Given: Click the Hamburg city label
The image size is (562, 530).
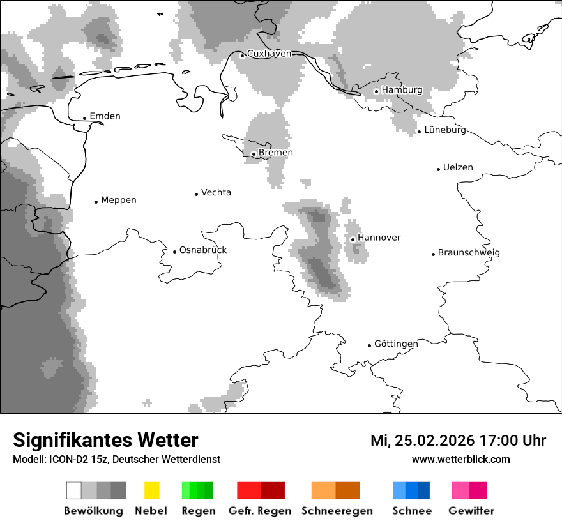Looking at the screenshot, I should pyautogui.click(x=402, y=90).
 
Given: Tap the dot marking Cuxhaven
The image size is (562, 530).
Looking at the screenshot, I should pyautogui.click(x=242, y=56).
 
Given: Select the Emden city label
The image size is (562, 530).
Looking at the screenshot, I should pyautogui.click(x=105, y=116).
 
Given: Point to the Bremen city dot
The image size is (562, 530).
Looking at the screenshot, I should pyautogui.click(x=254, y=154).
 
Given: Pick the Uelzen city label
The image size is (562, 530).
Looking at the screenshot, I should pyautogui.click(x=458, y=168).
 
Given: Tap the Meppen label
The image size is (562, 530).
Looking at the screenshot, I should pyautogui.click(x=119, y=200).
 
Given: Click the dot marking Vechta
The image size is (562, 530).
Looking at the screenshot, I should pyautogui.click(x=196, y=194).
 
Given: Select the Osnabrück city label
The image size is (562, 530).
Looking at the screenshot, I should pyautogui.click(x=203, y=250).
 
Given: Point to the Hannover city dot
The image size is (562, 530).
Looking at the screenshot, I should pyautogui.click(x=353, y=239).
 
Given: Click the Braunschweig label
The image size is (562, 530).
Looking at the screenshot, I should pyautogui.click(x=469, y=253).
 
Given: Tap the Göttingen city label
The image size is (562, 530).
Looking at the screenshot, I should pyautogui.click(x=396, y=344).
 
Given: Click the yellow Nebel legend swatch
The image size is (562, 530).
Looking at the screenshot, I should pyautogui.click(x=151, y=490).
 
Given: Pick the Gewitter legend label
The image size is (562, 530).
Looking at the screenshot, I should pyautogui.click(x=471, y=511).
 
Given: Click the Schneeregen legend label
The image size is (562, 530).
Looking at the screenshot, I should pyautogui.click(x=336, y=511).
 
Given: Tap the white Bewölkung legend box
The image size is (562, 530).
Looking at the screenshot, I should pyautogui.click(x=73, y=490).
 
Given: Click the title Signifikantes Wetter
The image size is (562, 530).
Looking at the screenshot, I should pyautogui.click(x=105, y=441).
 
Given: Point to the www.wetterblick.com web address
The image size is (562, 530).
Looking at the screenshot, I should pyautogui.click(x=460, y=459).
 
